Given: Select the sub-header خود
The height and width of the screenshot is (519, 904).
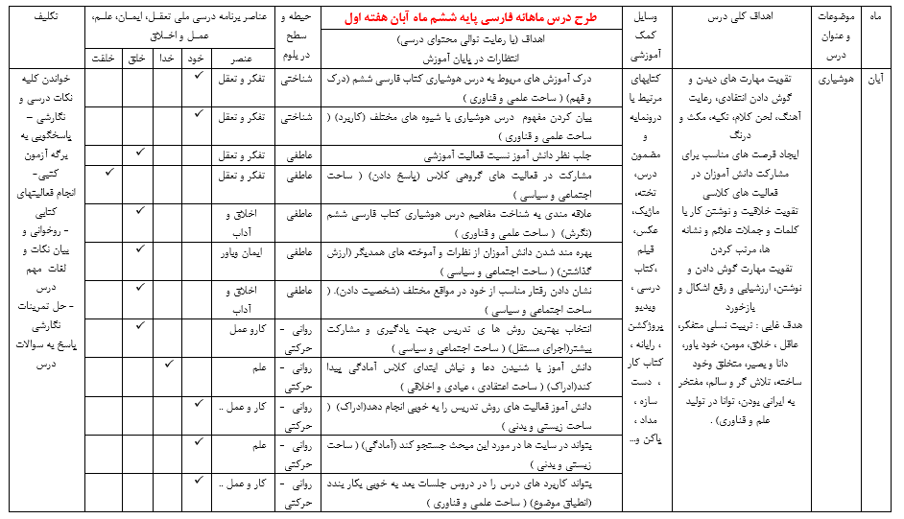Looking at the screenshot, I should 196,59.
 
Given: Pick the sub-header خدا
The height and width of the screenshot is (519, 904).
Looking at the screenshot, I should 167,59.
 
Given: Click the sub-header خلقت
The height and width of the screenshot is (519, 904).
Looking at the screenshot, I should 106,59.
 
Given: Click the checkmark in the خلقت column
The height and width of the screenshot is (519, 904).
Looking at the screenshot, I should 108,172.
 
